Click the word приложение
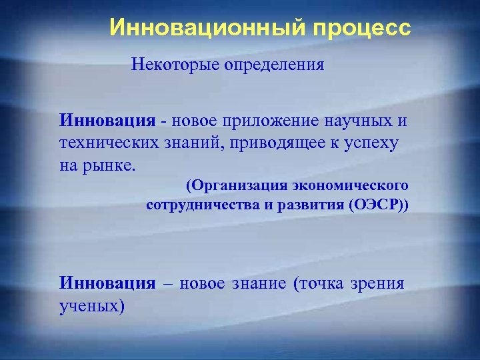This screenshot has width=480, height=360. (x=275, y=123)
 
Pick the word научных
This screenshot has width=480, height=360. (x=358, y=123)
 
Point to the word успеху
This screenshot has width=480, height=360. (x=380, y=143)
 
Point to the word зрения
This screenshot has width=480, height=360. (x=381, y=283)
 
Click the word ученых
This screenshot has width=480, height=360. (x=90, y=305)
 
